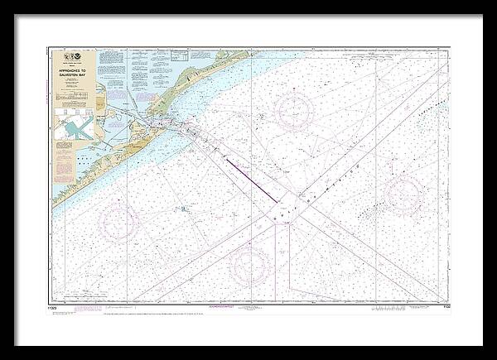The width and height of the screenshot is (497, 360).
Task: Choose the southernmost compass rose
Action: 248,264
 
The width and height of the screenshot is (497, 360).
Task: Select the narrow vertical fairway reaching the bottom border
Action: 281,265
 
